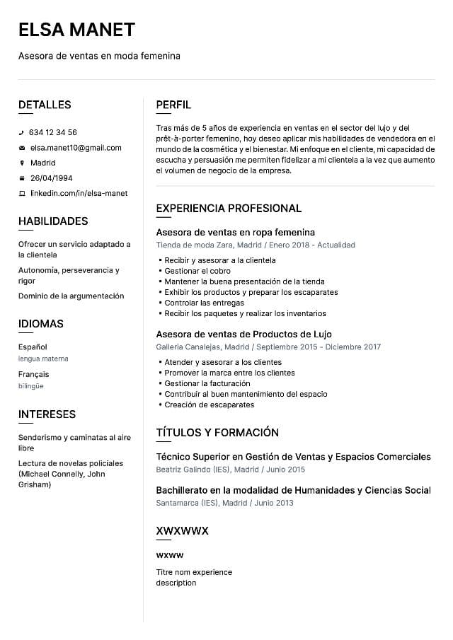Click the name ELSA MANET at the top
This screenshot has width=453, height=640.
[76, 30]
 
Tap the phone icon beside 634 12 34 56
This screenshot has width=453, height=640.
[21, 133]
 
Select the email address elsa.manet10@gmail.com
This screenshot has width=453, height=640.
[76, 148]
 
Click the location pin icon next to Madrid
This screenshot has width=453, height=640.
[21, 163]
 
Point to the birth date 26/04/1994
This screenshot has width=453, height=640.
[51, 178]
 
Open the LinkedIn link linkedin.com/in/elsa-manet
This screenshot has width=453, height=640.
[79, 193]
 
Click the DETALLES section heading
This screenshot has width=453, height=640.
[45, 105]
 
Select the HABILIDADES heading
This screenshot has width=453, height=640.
[53, 221]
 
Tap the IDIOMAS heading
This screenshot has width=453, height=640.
[41, 324]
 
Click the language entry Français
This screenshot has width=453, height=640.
[34, 374]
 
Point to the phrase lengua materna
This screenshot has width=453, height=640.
[43, 359]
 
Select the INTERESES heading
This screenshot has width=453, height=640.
[47, 414]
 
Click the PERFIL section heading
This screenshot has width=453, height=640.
[173, 105]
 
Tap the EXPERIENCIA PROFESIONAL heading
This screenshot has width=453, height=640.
[229, 208]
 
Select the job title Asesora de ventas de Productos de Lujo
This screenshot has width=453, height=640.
[243, 334]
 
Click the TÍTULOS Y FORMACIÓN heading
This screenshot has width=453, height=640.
[217, 432]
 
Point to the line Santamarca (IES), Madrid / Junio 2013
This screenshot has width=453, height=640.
[224, 503]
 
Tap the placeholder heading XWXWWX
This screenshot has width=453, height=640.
[182, 530]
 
